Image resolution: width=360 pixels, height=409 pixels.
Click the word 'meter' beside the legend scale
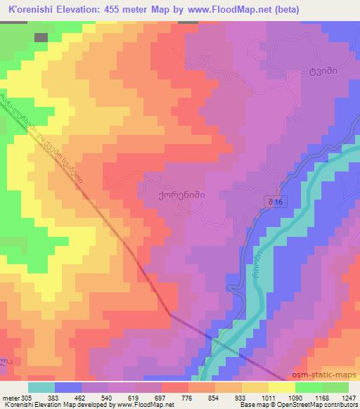(10, 397)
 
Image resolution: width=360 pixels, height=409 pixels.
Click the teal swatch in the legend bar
(41, 387)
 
